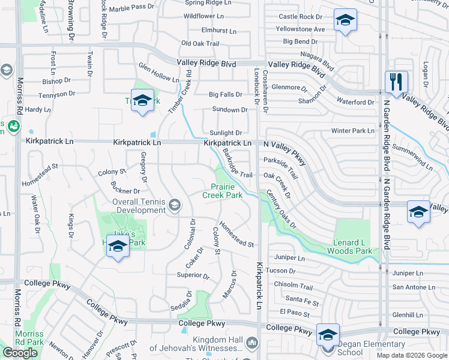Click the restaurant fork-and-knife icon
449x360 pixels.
coord(396,82)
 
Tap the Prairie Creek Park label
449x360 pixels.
coord(226,191)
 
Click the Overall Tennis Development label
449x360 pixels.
coord(139,206)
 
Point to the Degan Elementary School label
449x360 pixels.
coord(371,348)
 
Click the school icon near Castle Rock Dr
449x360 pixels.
coord(345,21)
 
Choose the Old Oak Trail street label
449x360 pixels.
coord(200,43)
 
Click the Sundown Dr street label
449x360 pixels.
coord(229,110)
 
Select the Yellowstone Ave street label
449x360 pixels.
coord(300,29)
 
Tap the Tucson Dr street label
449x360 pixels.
coord(280,271)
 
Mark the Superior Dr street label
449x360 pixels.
coord(193,276)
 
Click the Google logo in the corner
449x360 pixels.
coord(20,352)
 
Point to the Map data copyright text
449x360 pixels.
coord(411,355)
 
